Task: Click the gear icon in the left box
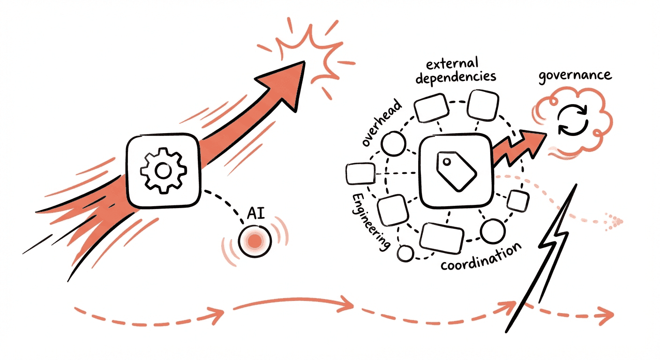(163, 172)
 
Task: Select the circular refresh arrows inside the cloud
(575, 120)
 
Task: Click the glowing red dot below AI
(255, 241)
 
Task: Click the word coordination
(481, 257)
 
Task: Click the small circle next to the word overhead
(393, 143)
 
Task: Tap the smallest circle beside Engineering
(405, 253)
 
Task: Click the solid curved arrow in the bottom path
(293, 304)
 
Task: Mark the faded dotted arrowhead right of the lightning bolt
(618, 219)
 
